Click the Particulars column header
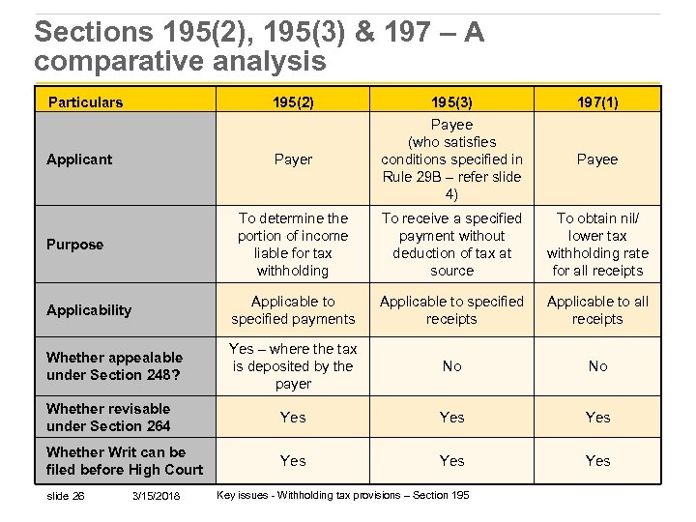click(x=86, y=101)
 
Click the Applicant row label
click(x=79, y=159)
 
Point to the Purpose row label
click(x=74, y=245)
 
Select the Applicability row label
click(x=88, y=310)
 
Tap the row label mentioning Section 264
click(x=108, y=418)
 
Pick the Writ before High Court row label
click(x=124, y=461)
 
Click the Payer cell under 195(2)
click(x=293, y=159)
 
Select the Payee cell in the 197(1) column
click(x=597, y=159)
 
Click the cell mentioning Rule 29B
click(x=451, y=159)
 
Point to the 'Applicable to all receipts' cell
click(x=597, y=310)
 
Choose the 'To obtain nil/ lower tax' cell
click(x=597, y=245)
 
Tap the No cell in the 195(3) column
click(x=451, y=366)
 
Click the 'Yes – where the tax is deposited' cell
click(x=293, y=366)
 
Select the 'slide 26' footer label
click(x=66, y=496)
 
